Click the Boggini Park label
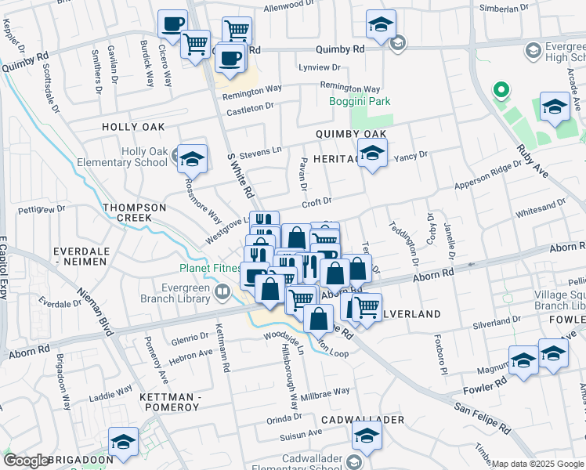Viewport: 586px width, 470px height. (x=358, y=101)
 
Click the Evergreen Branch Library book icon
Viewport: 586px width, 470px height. (x=223, y=293)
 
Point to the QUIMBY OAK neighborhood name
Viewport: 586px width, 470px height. (x=351, y=134)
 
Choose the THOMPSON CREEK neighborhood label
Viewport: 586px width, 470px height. (x=134, y=212)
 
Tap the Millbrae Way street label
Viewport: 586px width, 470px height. (x=324, y=391)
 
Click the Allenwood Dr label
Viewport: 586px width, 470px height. (x=288, y=9)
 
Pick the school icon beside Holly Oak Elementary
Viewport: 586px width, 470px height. (x=191, y=159)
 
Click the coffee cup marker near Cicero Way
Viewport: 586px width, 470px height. (x=172, y=23)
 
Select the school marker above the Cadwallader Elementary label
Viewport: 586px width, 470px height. (x=366, y=436)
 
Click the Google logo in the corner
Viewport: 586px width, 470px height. (x=27, y=461)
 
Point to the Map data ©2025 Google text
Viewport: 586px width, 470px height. (x=537, y=464)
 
